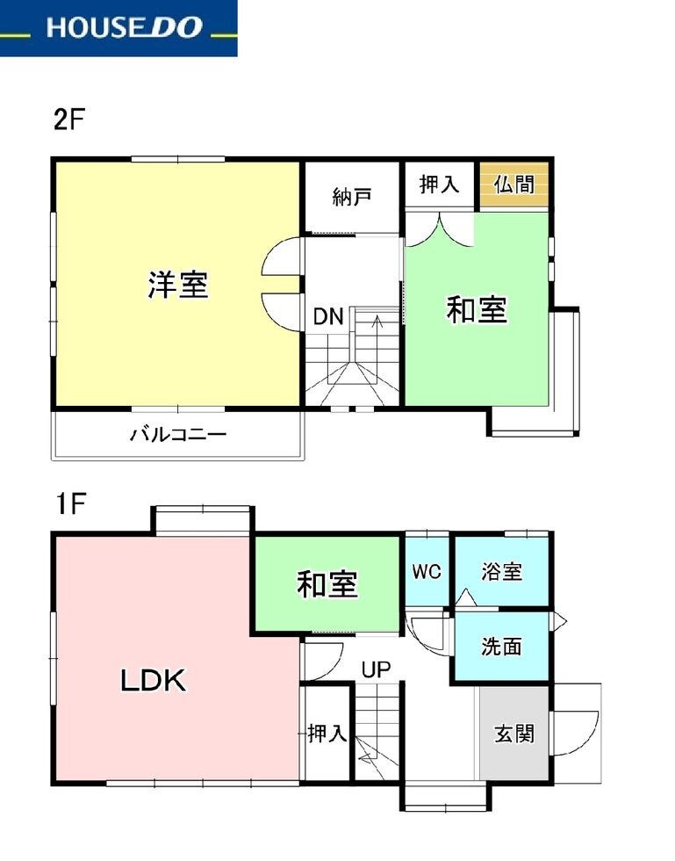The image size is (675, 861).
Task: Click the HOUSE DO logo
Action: pos(125,27)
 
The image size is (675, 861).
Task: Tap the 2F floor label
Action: pos(68,119)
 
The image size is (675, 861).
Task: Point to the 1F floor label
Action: pos(70,503)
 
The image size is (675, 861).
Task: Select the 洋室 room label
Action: pos(178,285)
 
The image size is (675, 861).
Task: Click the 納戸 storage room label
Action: pos(352,197)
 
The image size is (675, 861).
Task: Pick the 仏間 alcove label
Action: pos(514,184)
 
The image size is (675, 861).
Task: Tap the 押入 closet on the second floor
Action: pos(439,184)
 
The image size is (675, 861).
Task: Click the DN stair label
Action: pos(328,317)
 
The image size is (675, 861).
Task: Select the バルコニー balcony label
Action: pos(178,435)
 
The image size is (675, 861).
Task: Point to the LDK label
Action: pos(153,681)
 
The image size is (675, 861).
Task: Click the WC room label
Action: pos(427,571)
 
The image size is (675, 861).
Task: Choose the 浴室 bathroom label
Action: pos(501,572)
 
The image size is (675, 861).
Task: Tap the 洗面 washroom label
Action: pos(501,647)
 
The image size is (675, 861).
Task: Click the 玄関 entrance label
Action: pos(514,734)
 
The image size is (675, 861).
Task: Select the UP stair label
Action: pos(376,669)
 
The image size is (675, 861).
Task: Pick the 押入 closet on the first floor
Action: pos(327,733)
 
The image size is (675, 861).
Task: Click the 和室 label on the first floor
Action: pos(327,584)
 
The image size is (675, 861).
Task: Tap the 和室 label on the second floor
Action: pos(477,310)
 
